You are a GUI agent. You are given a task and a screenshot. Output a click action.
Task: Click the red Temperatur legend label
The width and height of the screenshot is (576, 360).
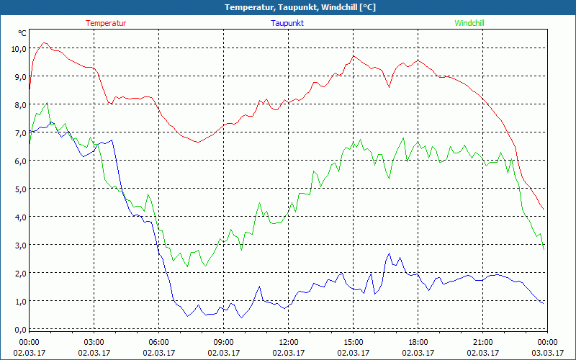pyautogui.click(x=106, y=23)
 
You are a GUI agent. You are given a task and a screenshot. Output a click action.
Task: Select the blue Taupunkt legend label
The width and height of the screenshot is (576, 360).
pyautogui.click(x=287, y=23)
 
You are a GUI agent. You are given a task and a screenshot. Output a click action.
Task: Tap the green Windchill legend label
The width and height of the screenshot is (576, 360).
pyautogui.click(x=469, y=23)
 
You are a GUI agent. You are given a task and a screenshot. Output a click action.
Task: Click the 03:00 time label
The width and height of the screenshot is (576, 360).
pyautogui.click(x=94, y=341)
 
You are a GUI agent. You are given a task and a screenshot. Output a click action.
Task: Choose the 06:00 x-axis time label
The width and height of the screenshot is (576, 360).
pyautogui.click(x=158, y=341)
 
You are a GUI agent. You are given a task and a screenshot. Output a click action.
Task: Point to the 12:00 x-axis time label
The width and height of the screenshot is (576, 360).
pyautogui.click(x=288, y=341)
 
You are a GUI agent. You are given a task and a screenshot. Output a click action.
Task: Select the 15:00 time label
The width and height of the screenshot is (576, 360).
pyautogui.click(x=353, y=341)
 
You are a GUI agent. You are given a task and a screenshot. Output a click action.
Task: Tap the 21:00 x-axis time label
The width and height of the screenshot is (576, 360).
pyautogui.click(x=482, y=341)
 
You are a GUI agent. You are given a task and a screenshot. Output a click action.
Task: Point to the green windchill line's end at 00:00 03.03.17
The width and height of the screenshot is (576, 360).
pyautogui.click(x=544, y=249)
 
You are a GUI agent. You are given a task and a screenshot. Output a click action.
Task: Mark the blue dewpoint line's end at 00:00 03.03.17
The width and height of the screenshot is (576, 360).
pyautogui.click(x=544, y=303)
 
